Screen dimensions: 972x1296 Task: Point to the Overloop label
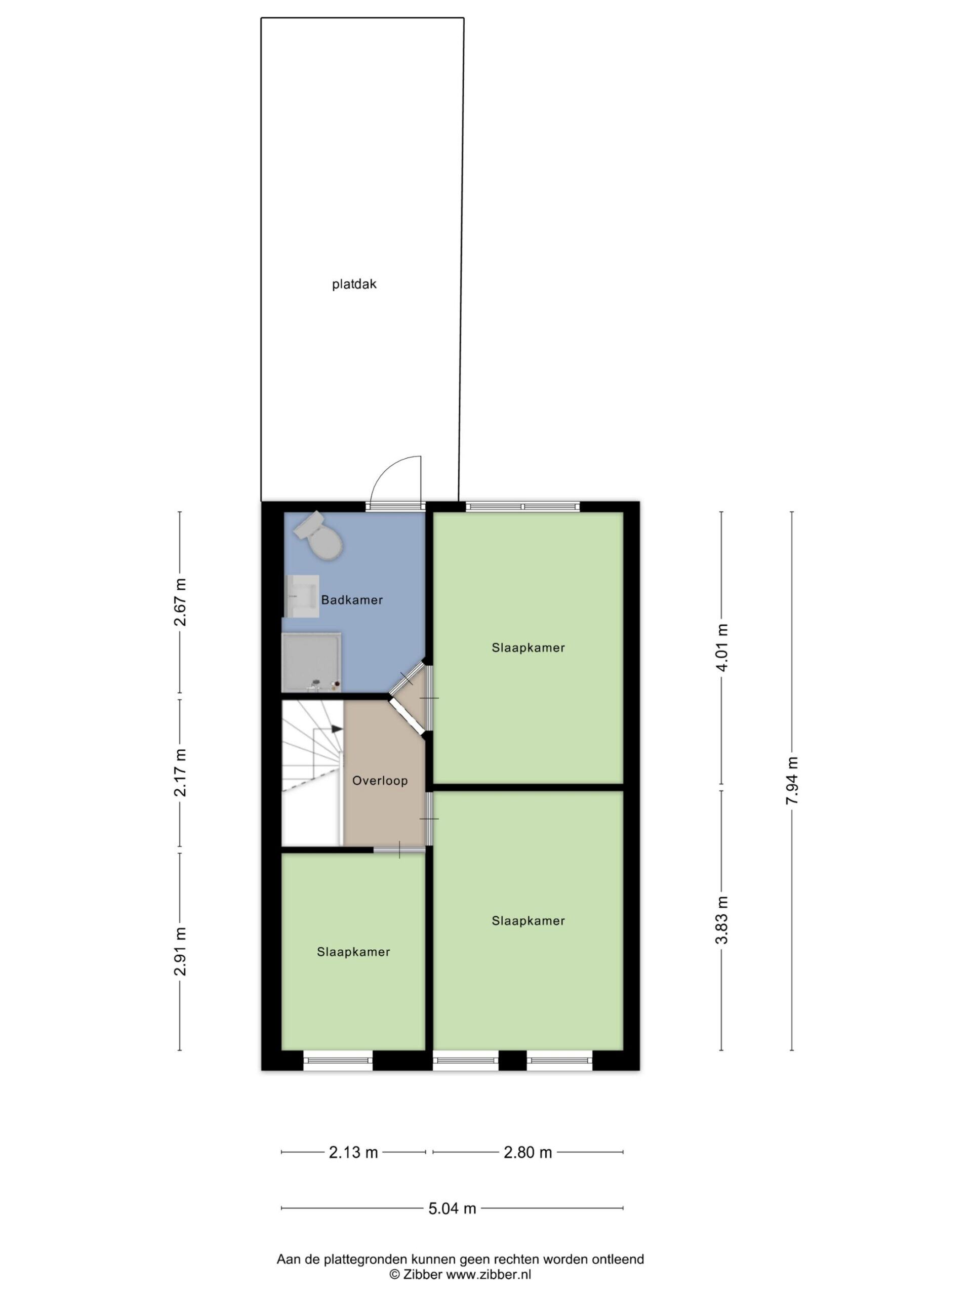tap(380, 781)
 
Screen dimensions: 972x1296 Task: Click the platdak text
tap(354, 285)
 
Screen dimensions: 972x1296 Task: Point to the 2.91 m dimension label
tap(180, 951)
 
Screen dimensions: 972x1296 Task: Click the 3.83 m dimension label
tap(722, 920)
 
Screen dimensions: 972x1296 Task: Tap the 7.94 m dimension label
tap(792, 781)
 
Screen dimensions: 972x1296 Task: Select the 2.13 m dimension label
tap(353, 1152)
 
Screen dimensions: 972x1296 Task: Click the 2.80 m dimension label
tap(528, 1152)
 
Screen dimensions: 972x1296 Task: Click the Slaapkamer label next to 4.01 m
tap(528, 647)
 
